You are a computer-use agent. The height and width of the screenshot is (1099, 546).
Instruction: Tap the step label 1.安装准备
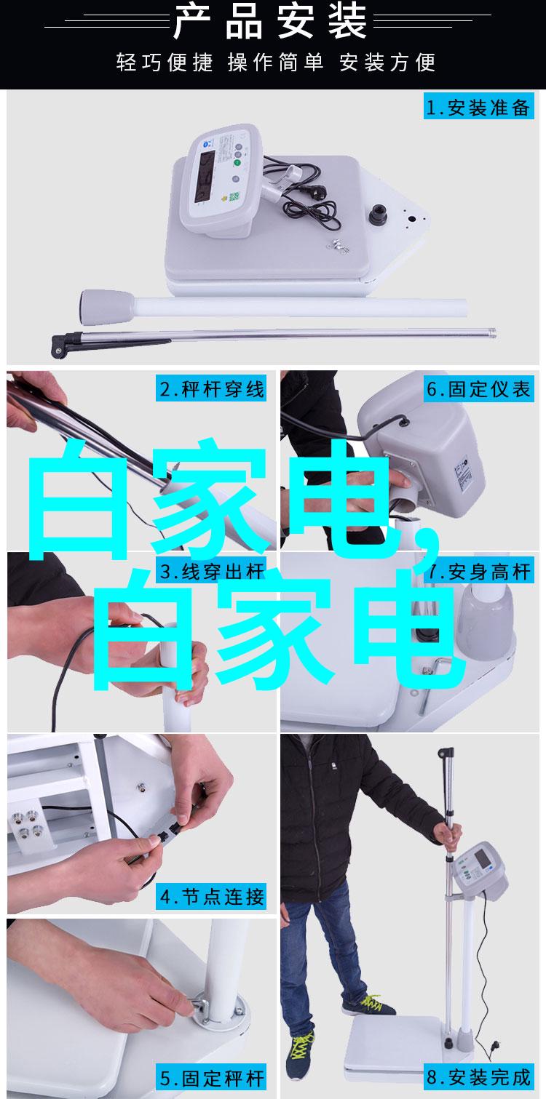tap(478, 108)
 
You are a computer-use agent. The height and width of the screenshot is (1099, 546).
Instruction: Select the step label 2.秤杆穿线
tap(211, 388)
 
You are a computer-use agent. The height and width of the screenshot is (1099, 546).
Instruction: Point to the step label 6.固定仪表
tap(478, 389)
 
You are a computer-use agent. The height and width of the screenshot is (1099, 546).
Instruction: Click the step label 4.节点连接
tap(212, 896)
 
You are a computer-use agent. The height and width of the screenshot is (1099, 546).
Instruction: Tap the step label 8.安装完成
tap(478, 1077)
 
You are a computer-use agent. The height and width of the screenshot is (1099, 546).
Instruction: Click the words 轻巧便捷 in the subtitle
tap(165, 63)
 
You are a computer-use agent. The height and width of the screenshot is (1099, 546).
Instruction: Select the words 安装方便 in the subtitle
tap(387, 63)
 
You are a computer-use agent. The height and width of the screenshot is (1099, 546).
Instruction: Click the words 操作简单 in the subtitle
tap(275, 63)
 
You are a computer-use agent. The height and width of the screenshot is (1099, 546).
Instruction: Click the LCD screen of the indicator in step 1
tap(205, 175)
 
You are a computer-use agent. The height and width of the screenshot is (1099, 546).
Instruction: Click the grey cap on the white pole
tap(108, 307)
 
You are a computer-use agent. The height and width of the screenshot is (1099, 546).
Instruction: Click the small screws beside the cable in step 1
tap(338, 245)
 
